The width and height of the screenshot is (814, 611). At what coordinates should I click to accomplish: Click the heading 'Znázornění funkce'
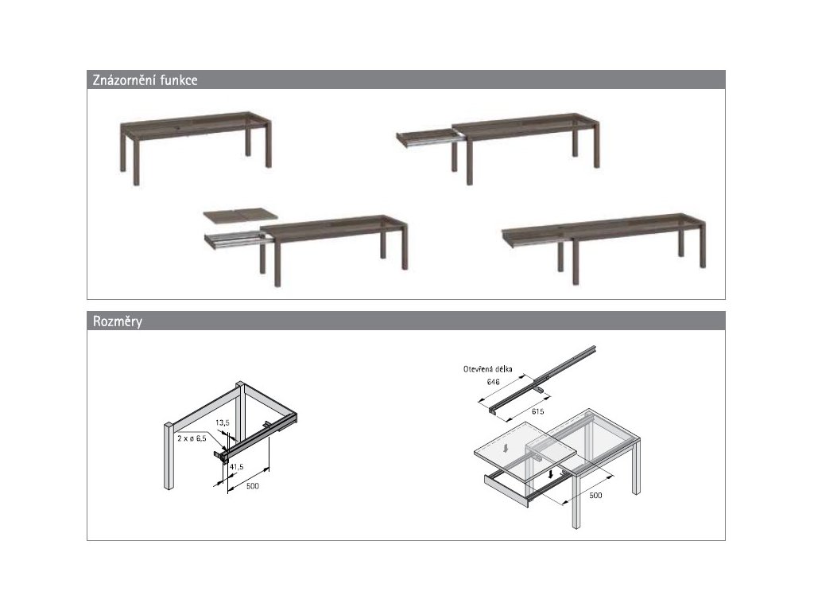pos(145,80)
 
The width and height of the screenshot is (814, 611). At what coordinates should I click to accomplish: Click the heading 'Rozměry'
pos(118,321)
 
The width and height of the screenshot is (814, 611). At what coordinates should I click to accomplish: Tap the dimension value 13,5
pos(223,423)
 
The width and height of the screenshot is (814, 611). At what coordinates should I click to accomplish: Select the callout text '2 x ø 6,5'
pos(192,438)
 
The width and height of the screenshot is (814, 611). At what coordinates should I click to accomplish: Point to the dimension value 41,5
pos(236,467)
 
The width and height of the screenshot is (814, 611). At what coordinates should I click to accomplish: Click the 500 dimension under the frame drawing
pos(252,486)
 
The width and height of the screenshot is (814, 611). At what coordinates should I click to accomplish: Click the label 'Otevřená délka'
pos(487,369)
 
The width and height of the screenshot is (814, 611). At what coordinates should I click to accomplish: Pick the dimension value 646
pos(493,383)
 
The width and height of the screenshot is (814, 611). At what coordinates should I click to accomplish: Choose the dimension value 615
pos(538,411)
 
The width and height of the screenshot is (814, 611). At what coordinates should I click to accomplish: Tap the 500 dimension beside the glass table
pos(595,496)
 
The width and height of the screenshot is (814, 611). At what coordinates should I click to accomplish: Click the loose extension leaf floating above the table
pos(240,215)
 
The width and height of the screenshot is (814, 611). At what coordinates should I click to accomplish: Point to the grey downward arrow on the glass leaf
pos(504,448)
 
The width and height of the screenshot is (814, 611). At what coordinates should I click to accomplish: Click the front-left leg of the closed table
pos(137,162)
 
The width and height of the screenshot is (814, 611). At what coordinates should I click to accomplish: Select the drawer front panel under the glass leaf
pos(506,489)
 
